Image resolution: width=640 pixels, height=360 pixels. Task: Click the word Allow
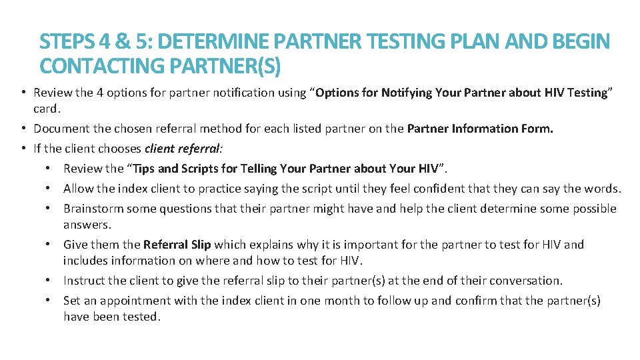pyautogui.click(x=79, y=189)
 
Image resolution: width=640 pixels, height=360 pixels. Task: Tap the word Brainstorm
pyautogui.click(x=93, y=209)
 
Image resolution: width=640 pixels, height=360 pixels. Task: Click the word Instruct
pyautogui.click(x=85, y=281)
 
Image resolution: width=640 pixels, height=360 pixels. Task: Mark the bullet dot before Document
pyautogui.click(x=23, y=128)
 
